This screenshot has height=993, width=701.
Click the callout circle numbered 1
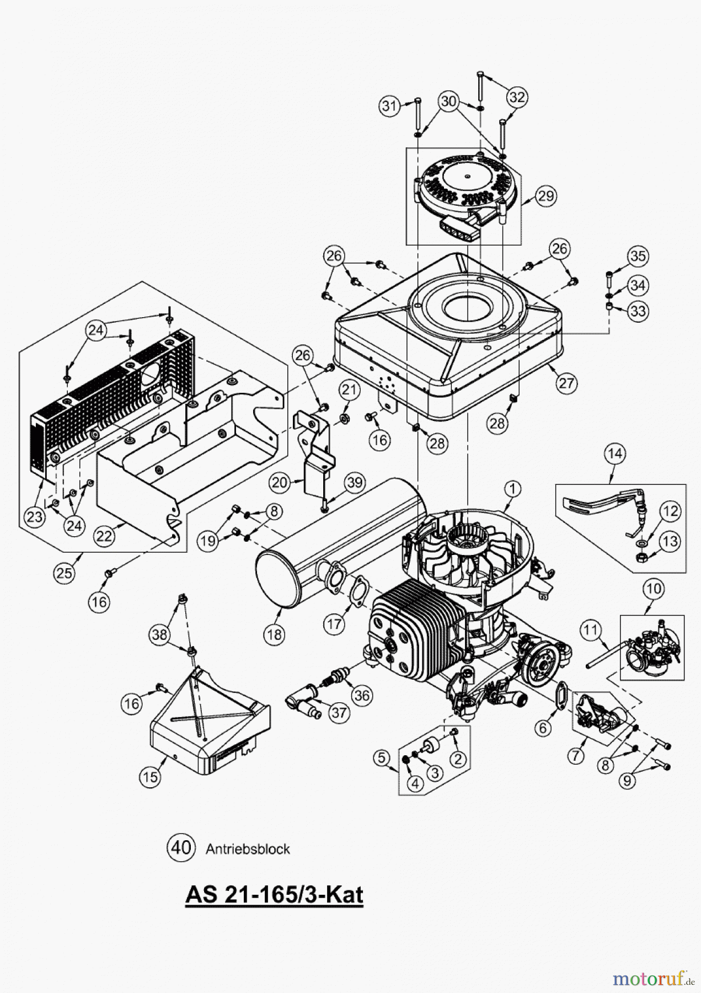pos(512,488)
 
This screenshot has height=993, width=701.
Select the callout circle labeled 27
pos(566,383)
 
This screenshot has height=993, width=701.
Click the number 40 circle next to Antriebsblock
pos(181,847)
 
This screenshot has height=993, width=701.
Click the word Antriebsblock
pos(248,848)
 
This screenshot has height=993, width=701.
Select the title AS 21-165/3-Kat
pos(274,894)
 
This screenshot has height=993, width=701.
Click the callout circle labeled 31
pos(390,105)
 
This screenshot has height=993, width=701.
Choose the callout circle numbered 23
pos(34,517)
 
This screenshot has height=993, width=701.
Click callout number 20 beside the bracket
pos(280,483)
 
